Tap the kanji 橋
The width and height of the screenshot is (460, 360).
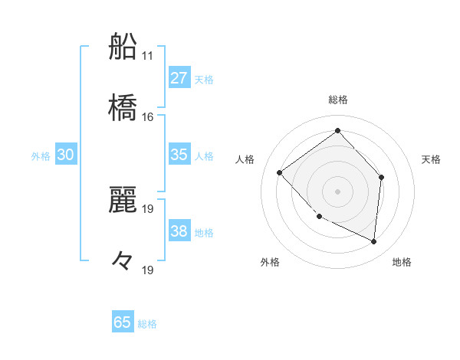point(123,106)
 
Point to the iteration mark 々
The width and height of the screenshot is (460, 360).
point(123,260)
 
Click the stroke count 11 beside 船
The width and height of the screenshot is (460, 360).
point(148,56)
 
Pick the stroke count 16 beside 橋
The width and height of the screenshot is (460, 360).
point(148,117)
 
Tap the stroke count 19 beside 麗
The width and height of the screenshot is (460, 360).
point(148,208)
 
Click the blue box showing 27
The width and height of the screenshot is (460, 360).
point(179,78)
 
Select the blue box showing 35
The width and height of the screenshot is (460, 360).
point(179,155)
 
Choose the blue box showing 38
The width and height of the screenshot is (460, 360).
point(179,231)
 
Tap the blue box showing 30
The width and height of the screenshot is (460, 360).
point(66,155)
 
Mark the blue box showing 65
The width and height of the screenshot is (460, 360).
point(123,322)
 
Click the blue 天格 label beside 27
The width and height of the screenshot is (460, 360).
point(204,79)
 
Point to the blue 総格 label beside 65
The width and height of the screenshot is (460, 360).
point(147,324)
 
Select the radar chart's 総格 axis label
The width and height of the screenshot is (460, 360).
point(338,100)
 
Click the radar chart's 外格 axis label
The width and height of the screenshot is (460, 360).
point(270,262)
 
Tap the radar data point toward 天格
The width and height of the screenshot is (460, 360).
point(383,177)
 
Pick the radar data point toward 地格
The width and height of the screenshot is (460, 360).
point(373,242)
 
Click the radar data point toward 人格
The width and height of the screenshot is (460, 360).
point(280,172)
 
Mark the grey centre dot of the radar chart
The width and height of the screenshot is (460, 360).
point(337,191)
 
